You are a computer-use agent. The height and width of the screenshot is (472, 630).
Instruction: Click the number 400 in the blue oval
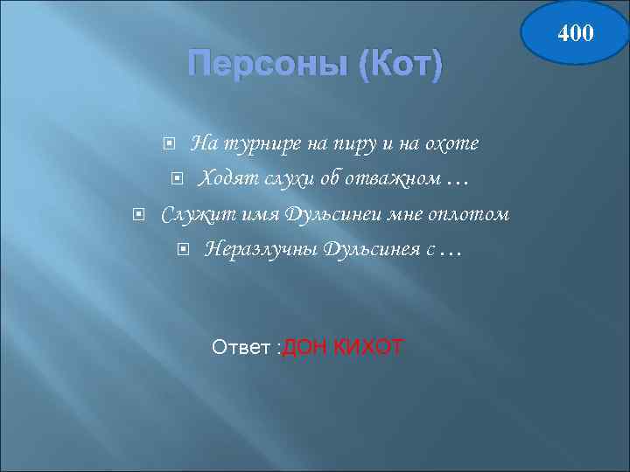tap(577, 33)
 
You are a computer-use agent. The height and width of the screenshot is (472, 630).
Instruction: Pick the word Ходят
tap(223, 178)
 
